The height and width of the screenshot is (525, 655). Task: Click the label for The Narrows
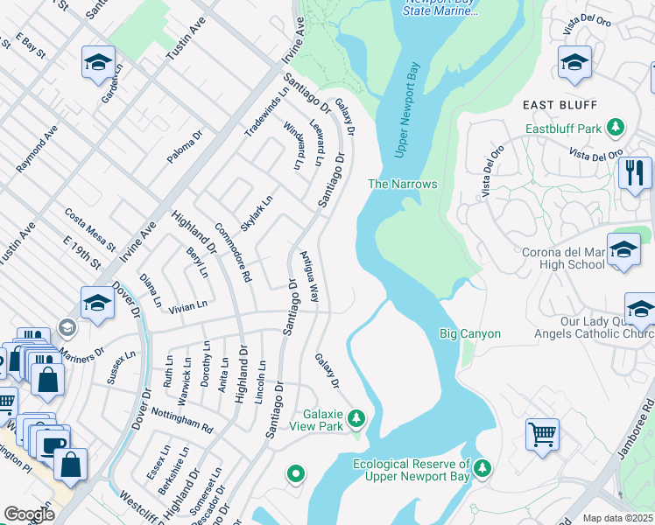(402, 184)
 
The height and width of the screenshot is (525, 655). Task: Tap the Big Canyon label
(469, 333)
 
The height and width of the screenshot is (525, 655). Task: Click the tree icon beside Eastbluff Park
(616, 129)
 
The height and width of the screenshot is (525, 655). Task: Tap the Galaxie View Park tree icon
(356, 419)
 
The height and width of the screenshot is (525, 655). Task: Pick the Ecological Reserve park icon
(482, 470)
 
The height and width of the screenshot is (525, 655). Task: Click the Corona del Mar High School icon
(623, 249)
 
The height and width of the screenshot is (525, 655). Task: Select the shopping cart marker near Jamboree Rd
(542, 433)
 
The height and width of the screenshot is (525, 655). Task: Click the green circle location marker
(296, 474)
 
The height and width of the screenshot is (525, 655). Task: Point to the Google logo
(29, 514)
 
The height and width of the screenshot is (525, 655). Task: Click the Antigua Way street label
(309, 277)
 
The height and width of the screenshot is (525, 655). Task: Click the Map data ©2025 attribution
(618, 518)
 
